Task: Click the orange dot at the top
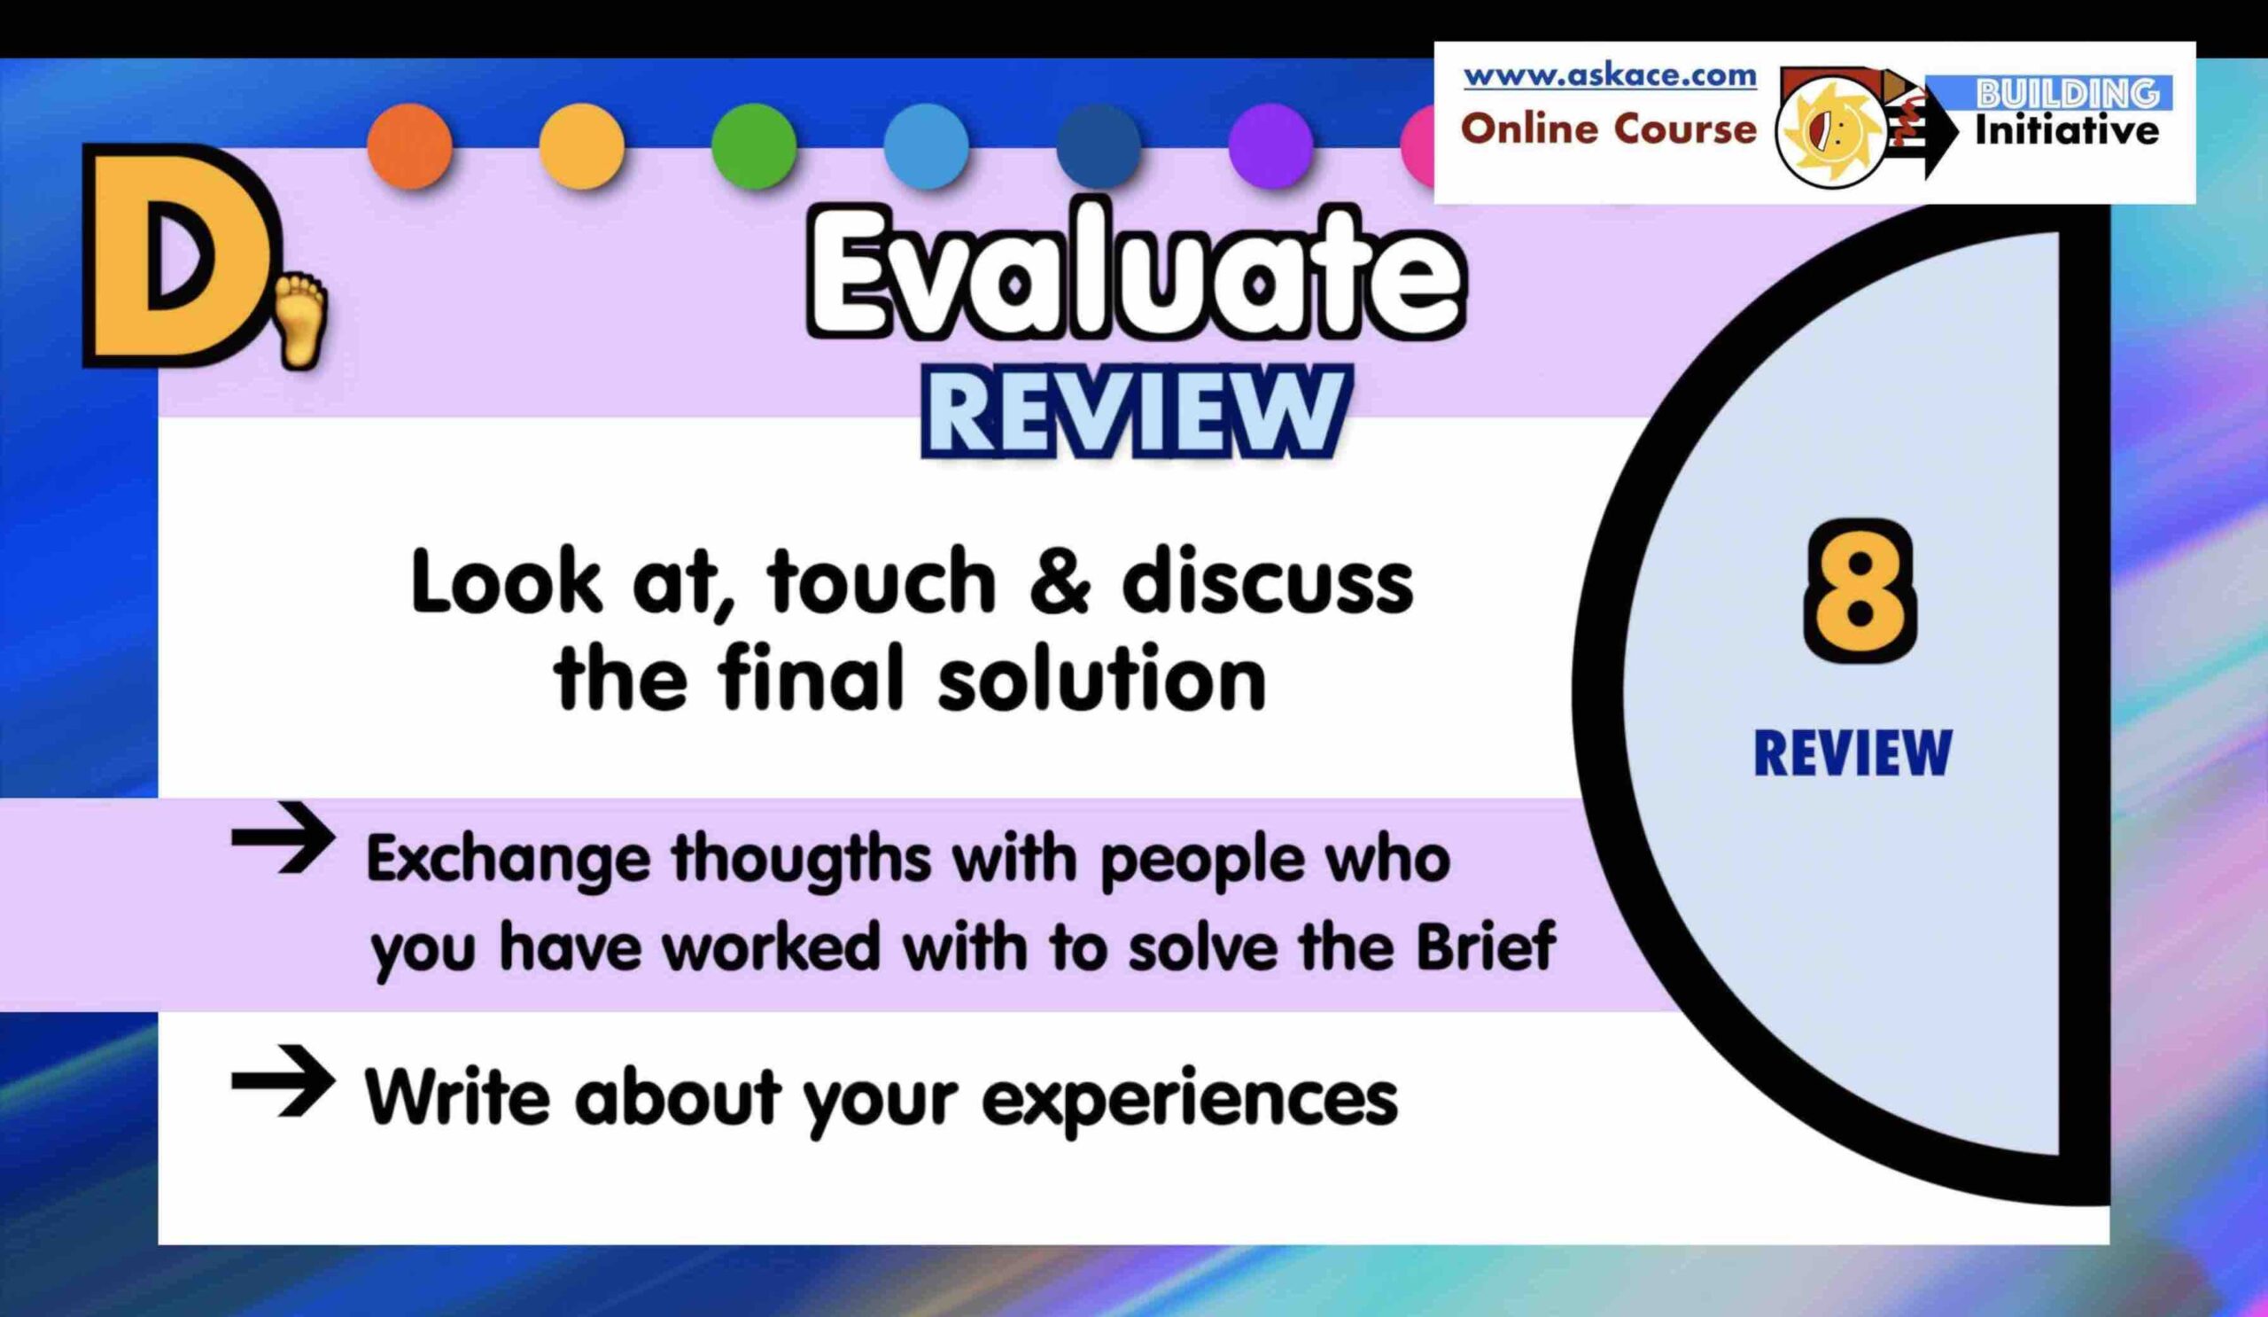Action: click(x=410, y=146)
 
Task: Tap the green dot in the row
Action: click(x=754, y=146)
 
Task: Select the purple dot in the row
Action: click(x=1270, y=146)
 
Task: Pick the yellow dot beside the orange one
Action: click(x=582, y=146)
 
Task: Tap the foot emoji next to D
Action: click(x=297, y=321)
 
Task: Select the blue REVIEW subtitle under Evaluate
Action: click(x=1137, y=413)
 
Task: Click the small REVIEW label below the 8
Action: click(x=1853, y=752)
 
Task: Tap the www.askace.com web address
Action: click(x=1609, y=75)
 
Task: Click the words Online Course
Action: click(x=1608, y=129)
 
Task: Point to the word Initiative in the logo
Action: click(x=2066, y=131)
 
